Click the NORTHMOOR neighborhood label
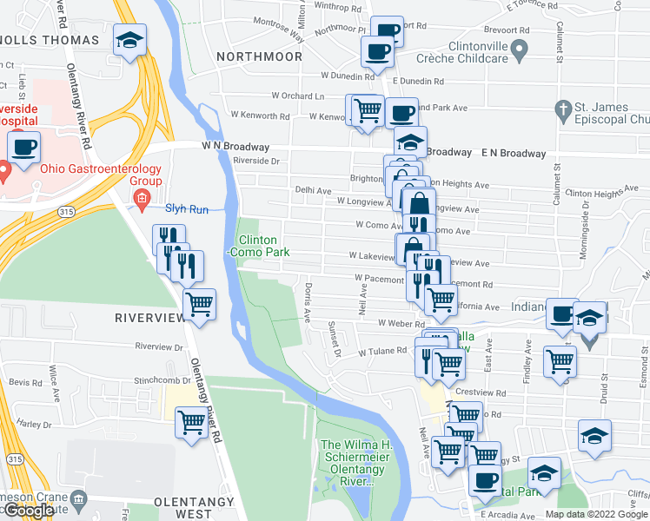coord(259,56)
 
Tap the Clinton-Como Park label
coord(257,246)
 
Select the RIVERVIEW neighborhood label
coord(150,318)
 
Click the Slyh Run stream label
coord(188,208)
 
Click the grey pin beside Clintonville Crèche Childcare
coord(520,52)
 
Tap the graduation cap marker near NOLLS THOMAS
coord(130,40)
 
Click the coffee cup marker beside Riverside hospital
coord(25,147)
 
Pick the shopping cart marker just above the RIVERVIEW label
coord(200,305)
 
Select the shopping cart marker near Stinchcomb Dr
coord(191,424)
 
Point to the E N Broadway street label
coord(514,153)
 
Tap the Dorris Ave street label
coord(308,301)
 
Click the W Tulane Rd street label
coord(382,352)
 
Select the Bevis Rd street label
coord(25,382)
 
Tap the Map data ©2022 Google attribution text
coord(596,514)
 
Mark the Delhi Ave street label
coord(313,189)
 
